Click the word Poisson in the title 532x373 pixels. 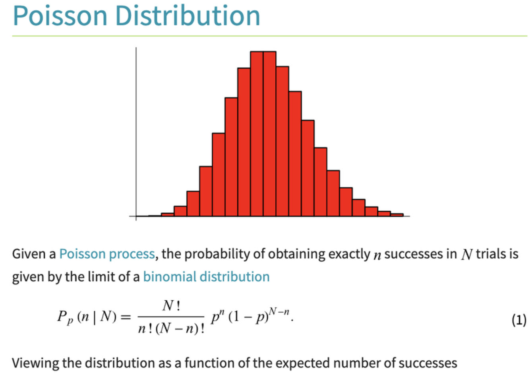(60, 15)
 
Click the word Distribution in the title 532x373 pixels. (188, 15)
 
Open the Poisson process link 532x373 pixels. (107, 254)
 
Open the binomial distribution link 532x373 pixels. (206, 277)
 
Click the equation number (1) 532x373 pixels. (519, 320)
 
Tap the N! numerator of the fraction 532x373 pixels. (171, 306)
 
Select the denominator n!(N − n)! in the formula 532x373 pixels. (171, 329)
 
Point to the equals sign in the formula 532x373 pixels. (126, 317)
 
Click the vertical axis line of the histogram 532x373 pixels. (136, 134)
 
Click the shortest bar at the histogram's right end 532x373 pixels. (397, 215)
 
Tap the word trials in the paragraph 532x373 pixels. (491, 254)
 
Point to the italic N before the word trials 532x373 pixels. (467, 255)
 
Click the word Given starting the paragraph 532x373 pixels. (29, 254)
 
